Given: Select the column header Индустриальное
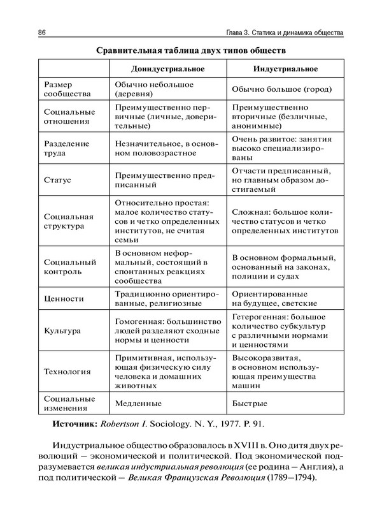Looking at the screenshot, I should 285,68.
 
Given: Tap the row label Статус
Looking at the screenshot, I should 57,180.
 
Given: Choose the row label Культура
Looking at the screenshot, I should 62,331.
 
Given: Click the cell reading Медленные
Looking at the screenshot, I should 138,404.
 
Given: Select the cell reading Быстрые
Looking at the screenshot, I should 250,404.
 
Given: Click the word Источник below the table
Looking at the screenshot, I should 73,423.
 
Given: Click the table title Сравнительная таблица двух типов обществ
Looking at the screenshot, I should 191,49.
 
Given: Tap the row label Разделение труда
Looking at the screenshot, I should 66,148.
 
